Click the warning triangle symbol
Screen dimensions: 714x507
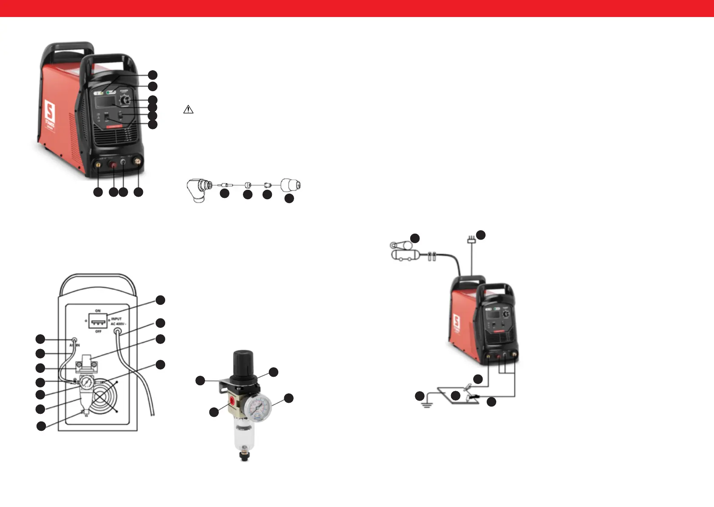tap(188, 109)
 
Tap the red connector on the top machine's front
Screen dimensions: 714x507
tap(114, 164)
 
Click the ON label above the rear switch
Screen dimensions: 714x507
tap(98, 311)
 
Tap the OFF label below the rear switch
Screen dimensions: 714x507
tap(98, 332)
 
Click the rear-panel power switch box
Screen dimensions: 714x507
tap(98, 321)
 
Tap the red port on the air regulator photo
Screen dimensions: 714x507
tap(232, 401)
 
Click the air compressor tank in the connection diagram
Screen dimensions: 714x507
tap(403, 255)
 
